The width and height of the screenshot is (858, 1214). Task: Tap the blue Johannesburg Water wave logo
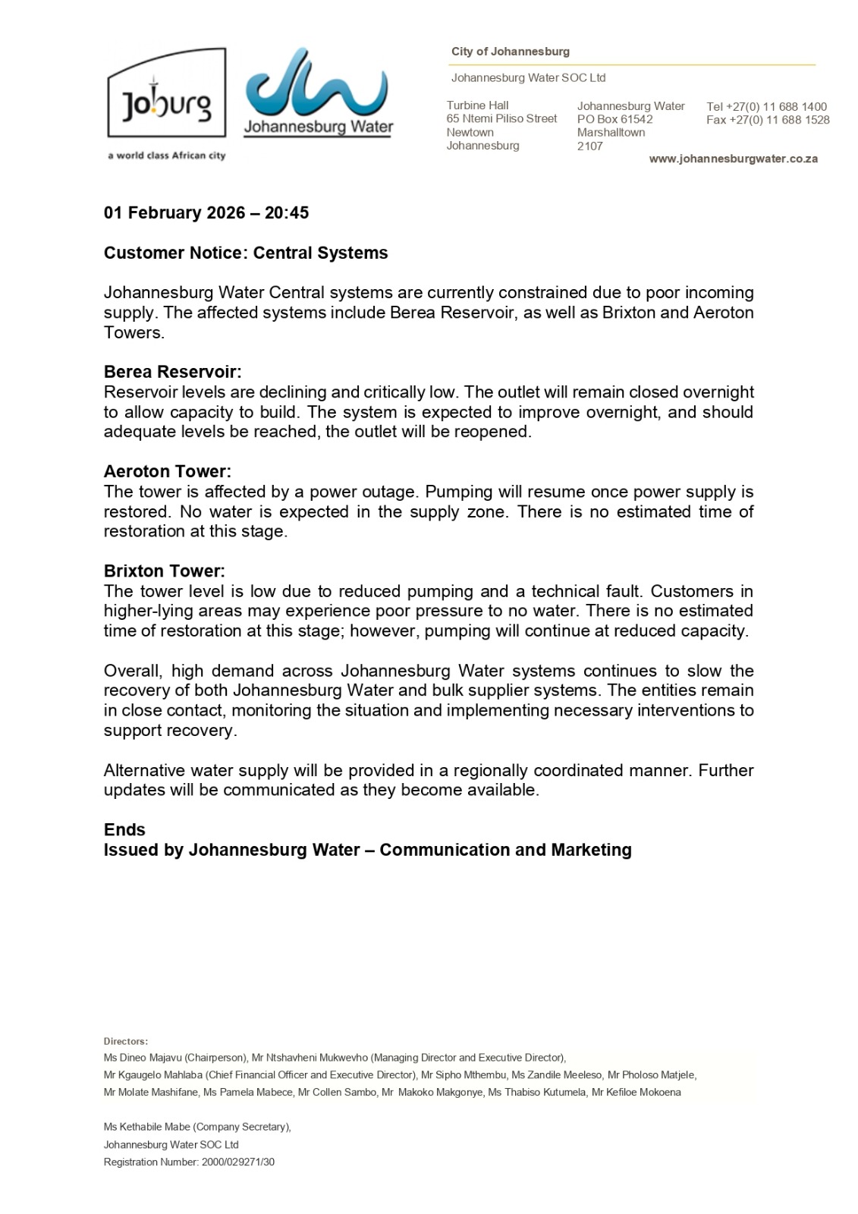coord(319,85)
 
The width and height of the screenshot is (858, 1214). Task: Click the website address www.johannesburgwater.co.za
coord(733,159)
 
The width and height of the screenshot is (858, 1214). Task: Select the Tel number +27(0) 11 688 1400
coord(766,107)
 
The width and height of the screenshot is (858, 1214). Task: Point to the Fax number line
coord(767,120)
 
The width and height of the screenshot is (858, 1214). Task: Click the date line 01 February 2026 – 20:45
coord(206,213)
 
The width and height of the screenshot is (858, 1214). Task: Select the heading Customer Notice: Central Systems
coord(246,253)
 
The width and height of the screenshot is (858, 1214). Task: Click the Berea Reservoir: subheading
coord(172,373)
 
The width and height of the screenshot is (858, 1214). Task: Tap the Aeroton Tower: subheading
coord(167,472)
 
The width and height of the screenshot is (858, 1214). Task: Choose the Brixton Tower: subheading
coord(164,571)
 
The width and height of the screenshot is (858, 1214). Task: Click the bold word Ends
coord(124,830)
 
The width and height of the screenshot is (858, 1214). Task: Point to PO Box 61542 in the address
coord(614,119)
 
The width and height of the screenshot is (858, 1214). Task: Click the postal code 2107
coord(589,146)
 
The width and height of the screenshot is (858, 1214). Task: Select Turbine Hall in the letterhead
coord(477,105)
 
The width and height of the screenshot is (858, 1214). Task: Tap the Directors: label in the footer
coord(126,1042)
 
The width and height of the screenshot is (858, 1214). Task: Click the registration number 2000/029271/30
coord(238,1162)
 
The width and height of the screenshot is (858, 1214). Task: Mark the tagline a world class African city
coord(166,156)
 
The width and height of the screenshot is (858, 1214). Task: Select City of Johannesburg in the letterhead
coord(510,52)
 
